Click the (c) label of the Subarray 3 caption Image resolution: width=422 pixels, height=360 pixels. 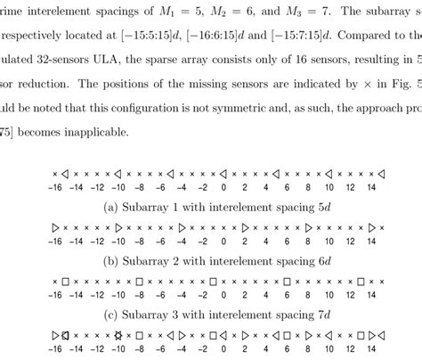click(111, 315)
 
